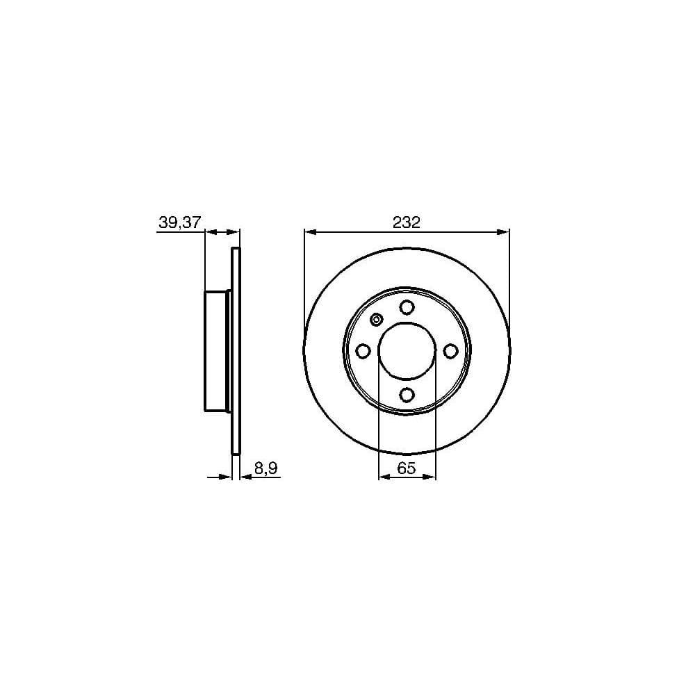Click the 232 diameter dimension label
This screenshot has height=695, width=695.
pos(407,222)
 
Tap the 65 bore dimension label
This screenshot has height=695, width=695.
pos(407,468)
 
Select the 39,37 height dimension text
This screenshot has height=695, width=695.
pos(179,222)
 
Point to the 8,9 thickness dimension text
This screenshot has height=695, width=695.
pos(265,468)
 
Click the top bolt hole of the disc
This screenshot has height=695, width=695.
pos(407,308)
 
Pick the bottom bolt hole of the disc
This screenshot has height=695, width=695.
pos(407,395)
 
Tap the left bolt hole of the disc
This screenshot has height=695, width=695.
pos(363,351)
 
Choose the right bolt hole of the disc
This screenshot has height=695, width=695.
pos(450,351)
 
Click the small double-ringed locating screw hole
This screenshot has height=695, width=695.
pos(377,320)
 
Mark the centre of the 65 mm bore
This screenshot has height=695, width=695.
pos(407,351)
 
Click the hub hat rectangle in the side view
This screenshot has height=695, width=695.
pos(216,351)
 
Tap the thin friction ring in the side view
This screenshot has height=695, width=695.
pos(235,351)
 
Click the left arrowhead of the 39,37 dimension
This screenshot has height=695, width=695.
pos(210,231)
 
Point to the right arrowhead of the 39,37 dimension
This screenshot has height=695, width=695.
pos(234,231)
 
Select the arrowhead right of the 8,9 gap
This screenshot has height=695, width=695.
pos(245,477)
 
